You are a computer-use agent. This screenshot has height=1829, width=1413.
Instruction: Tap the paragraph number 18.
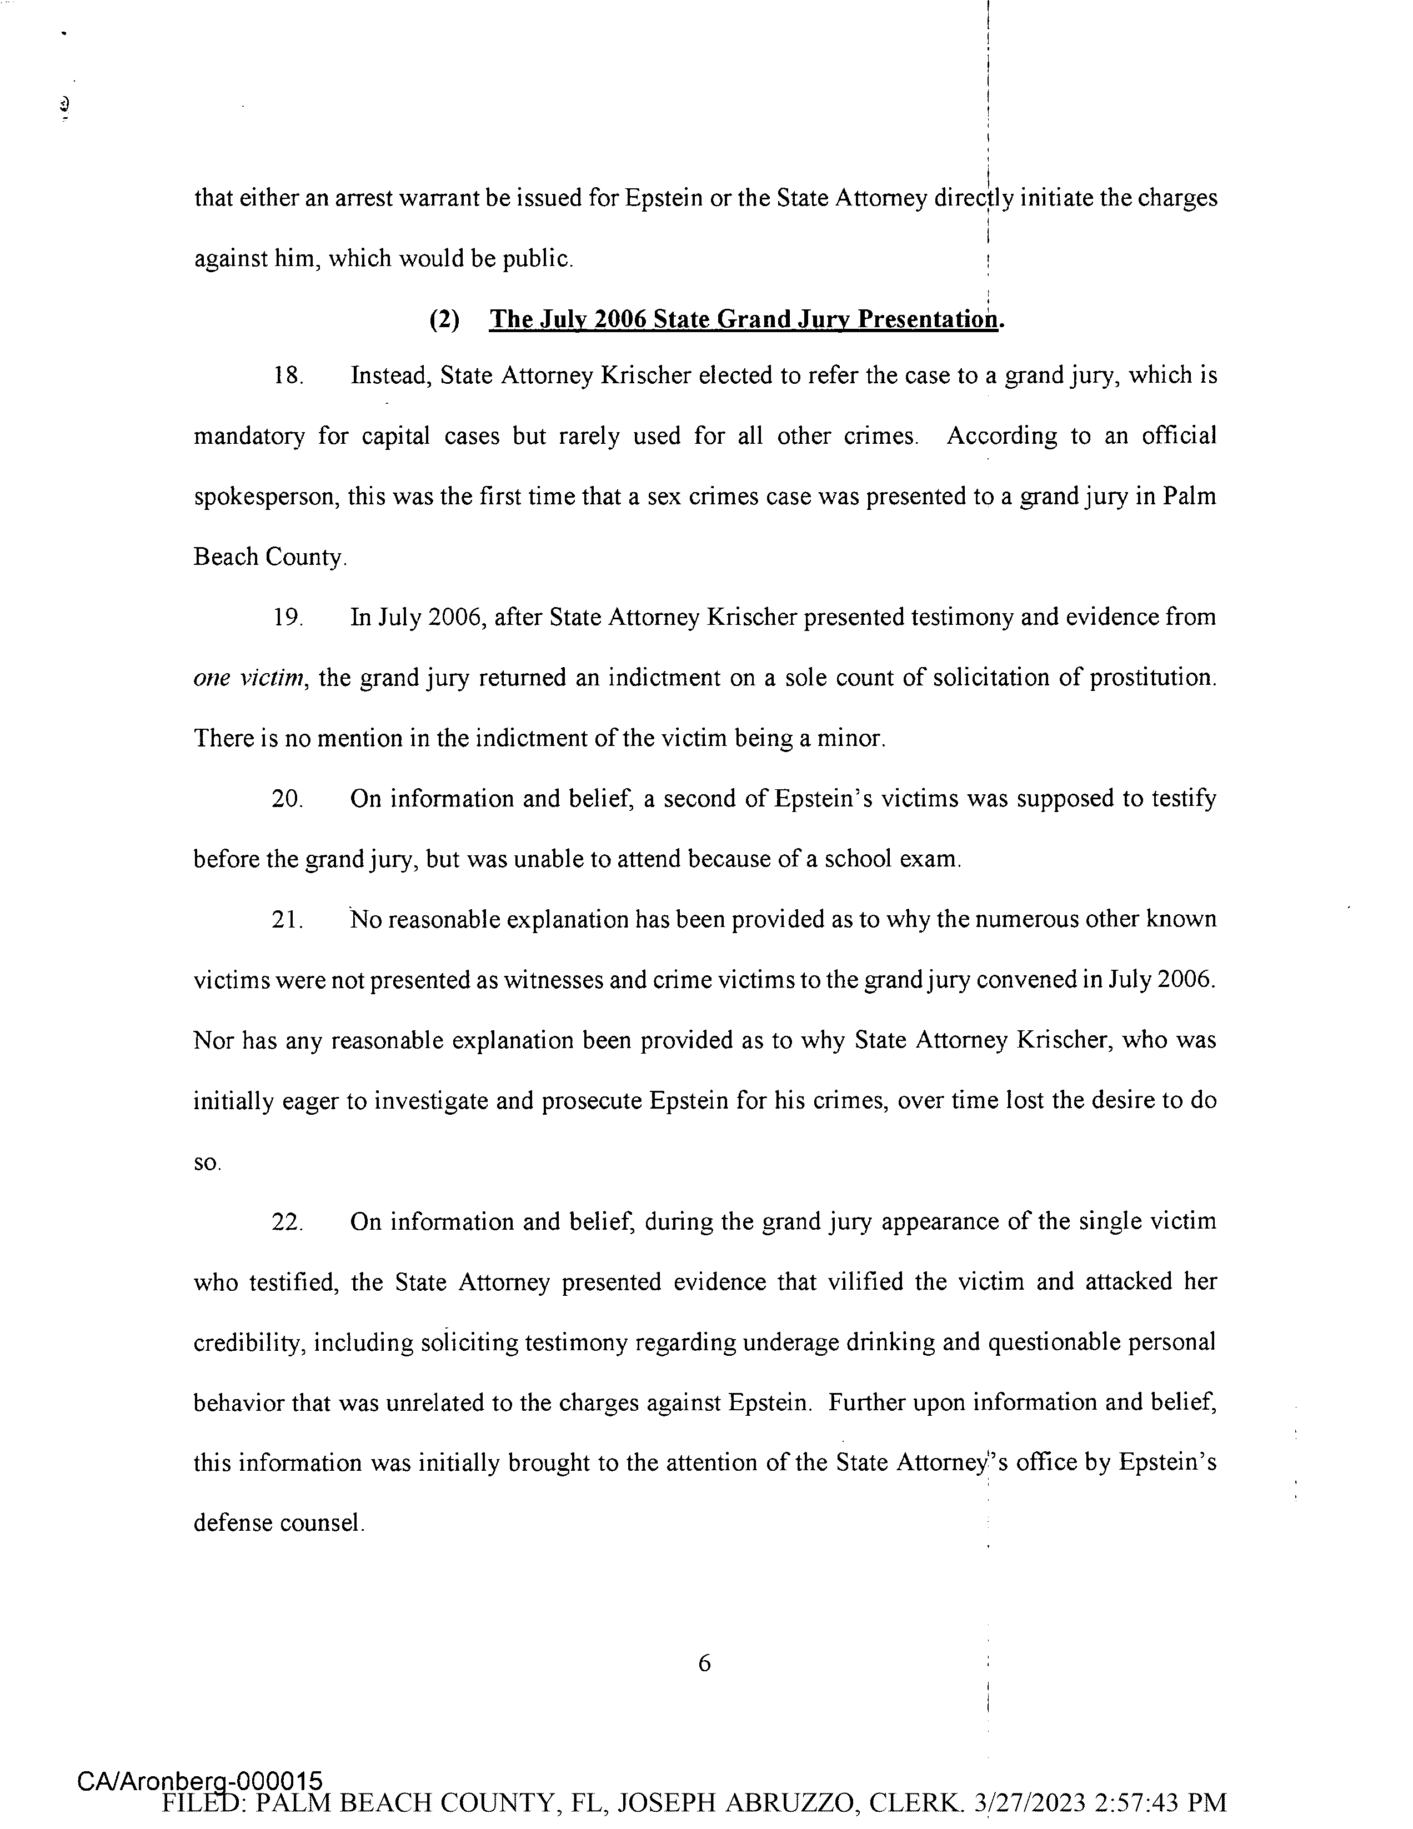[x=287, y=376]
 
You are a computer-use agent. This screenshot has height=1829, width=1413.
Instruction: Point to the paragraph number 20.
[x=287, y=799]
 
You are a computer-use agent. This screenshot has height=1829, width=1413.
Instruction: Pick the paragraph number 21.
[x=287, y=920]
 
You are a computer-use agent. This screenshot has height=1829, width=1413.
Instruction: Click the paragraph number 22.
[x=287, y=1222]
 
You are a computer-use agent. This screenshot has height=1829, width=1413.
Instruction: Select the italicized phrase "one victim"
[x=248, y=678]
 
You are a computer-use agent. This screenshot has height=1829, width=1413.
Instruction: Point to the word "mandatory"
[x=249, y=437]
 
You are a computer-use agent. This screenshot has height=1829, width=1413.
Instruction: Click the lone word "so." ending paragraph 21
[x=207, y=1163]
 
